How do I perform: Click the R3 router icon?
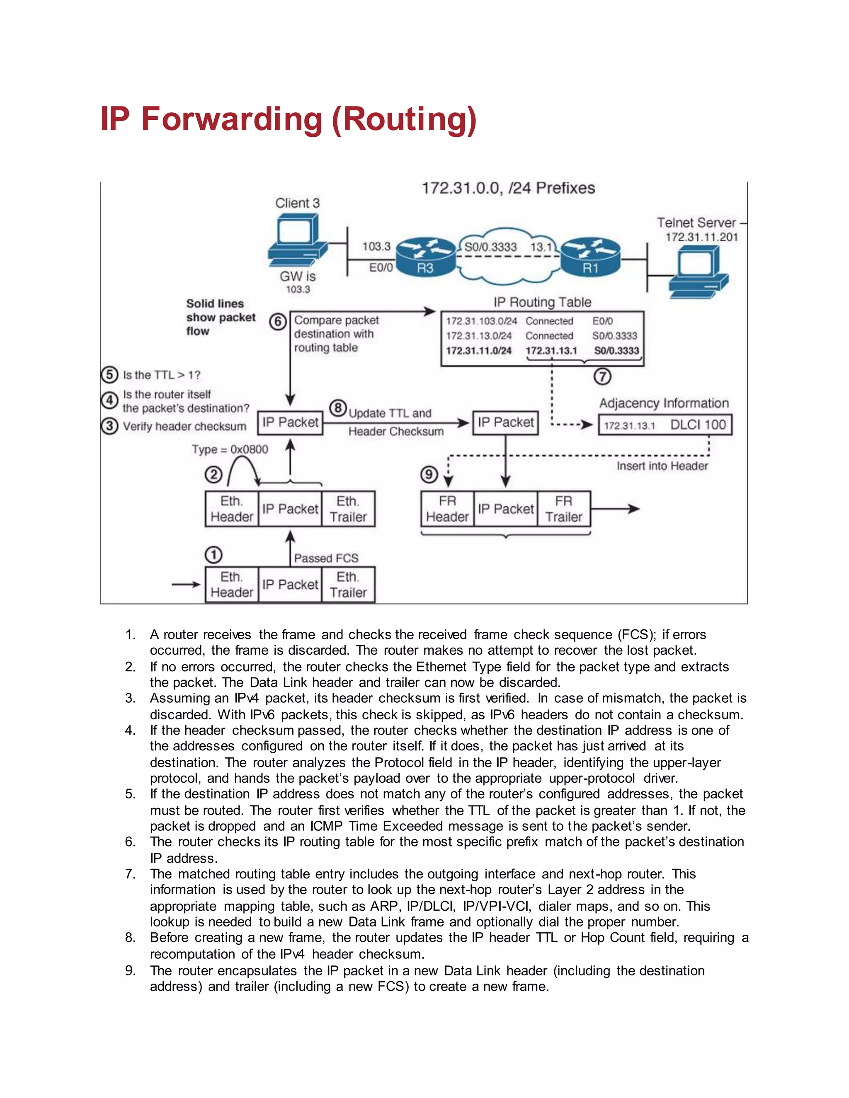click(425, 257)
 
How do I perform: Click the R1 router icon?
click(590, 257)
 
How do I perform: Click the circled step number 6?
click(278, 322)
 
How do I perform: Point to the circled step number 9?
click(429, 474)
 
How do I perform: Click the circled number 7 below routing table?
click(602, 377)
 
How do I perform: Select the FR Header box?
click(447, 509)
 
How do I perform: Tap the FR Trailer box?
click(563, 509)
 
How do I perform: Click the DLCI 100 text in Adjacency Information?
click(698, 425)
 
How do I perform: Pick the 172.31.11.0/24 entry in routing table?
click(478, 351)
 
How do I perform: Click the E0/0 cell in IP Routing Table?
click(602, 321)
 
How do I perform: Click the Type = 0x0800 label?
click(230, 449)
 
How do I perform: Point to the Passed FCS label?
click(326, 558)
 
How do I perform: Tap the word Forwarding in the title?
click(231, 119)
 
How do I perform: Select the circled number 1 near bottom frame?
click(213, 555)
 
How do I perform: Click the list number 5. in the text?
click(130, 794)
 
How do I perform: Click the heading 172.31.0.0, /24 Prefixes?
click(508, 188)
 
